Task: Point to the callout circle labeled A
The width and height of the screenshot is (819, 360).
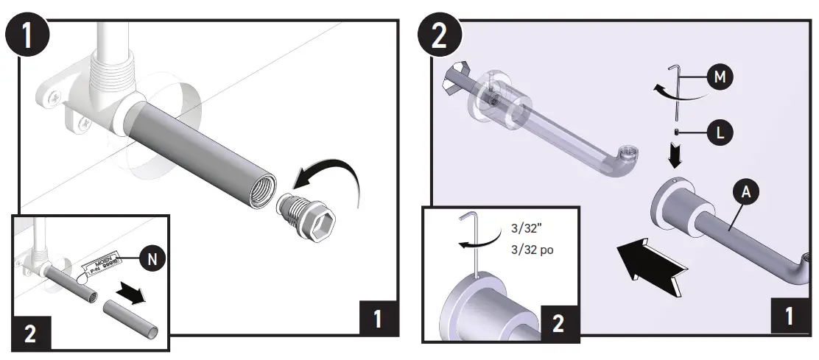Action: pyautogui.click(x=746, y=192)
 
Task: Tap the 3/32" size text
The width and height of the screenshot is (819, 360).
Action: pyautogui.click(x=527, y=228)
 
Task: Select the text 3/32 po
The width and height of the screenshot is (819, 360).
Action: pyautogui.click(x=532, y=250)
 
